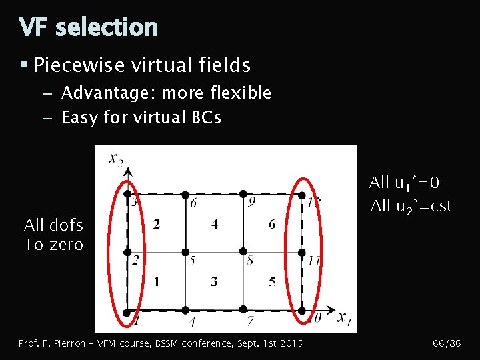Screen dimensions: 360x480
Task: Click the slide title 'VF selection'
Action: click(x=89, y=27)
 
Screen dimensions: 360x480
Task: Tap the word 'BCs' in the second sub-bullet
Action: click(x=206, y=118)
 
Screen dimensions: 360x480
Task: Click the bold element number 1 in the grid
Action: click(x=156, y=281)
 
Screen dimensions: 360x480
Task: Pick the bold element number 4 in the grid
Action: click(x=214, y=225)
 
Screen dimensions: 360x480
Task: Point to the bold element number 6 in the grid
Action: click(x=272, y=225)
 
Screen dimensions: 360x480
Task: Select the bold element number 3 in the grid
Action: click(x=214, y=281)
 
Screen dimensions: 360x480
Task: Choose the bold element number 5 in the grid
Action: click(x=272, y=281)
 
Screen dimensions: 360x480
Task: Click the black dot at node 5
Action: click(x=185, y=253)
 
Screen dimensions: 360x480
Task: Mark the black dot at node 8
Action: click(x=243, y=253)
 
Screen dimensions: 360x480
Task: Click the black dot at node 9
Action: click(x=243, y=194)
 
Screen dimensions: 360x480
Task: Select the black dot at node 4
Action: click(x=185, y=310)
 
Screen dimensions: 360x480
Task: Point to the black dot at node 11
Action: click(x=301, y=253)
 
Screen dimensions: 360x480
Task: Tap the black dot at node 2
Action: click(x=127, y=253)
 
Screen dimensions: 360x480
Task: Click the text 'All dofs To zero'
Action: click(x=54, y=235)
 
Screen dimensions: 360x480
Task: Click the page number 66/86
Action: click(x=447, y=343)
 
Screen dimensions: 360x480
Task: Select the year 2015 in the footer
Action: click(x=290, y=343)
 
